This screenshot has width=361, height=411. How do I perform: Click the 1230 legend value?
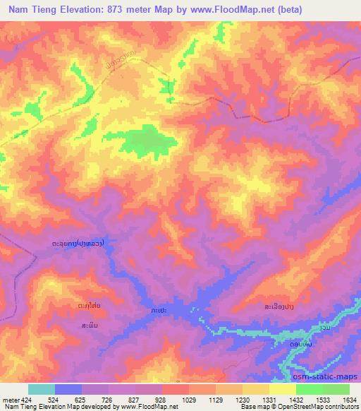(231, 399)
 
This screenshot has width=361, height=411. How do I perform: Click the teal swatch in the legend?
(41, 389)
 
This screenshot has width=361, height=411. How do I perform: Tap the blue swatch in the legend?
(68, 389)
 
